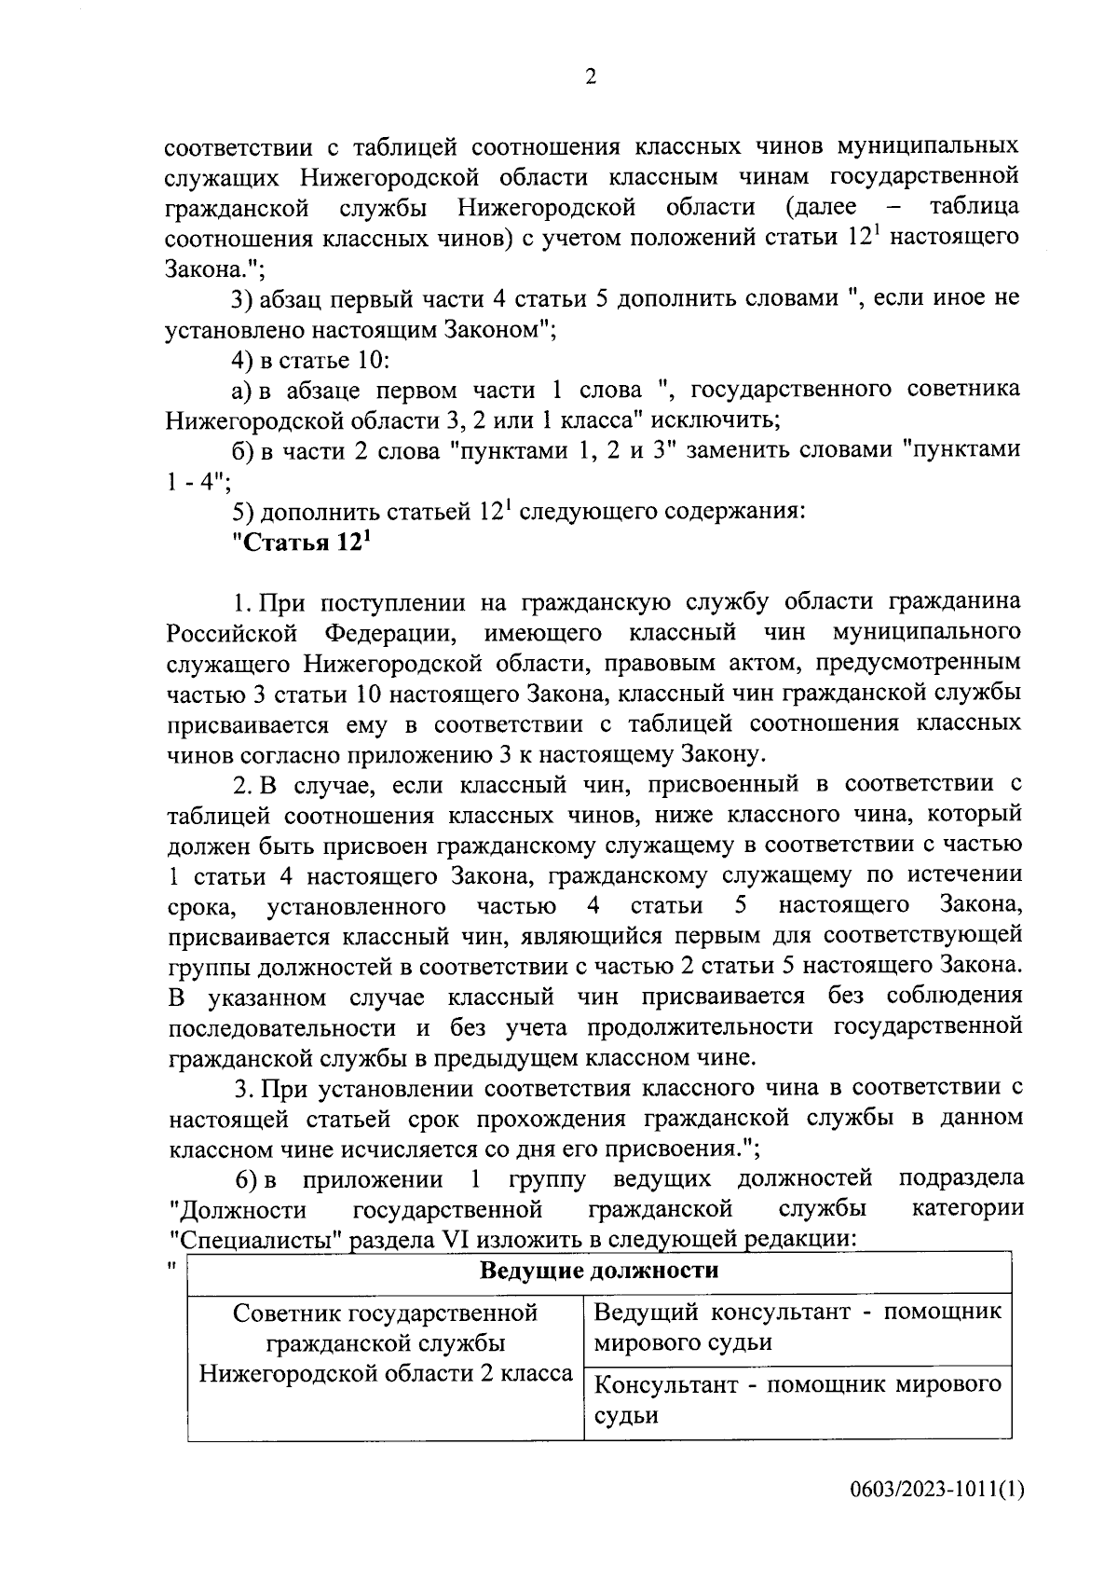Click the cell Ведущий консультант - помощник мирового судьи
pos(797,1328)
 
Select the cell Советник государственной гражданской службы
pos(386,1342)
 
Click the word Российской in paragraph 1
pos(232,634)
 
